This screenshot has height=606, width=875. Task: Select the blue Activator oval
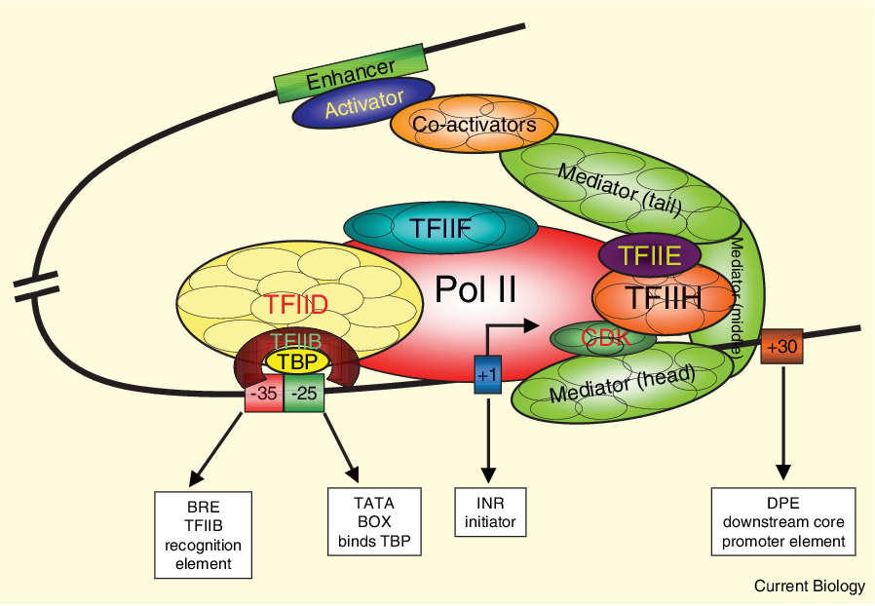[x=363, y=102]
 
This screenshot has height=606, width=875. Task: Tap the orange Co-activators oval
[x=474, y=125]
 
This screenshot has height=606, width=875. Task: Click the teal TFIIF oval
[x=440, y=228]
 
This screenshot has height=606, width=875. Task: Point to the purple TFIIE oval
[x=650, y=255]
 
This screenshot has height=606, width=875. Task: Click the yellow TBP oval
[x=297, y=362]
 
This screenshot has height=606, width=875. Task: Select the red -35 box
[x=264, y=393]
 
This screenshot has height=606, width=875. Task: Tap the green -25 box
[x=304, y=393]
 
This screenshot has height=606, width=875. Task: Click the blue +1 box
[x=488, y=374]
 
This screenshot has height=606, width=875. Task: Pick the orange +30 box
[x=781, y=347]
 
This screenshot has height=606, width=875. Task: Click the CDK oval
[x=603, y=338]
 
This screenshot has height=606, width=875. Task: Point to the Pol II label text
[x=476, y=289]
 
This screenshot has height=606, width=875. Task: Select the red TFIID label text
[x=296, y=305]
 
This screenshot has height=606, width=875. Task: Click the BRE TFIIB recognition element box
[x=203, y=535]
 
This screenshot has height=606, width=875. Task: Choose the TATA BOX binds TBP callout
[x=374, y=522]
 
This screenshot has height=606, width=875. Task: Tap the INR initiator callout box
[x=490, y=512]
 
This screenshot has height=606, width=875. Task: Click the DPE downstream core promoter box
[x=783, y=522]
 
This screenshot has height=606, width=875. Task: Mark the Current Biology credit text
[x=809, y=586]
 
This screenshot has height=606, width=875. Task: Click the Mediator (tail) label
[x=620, y=190]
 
